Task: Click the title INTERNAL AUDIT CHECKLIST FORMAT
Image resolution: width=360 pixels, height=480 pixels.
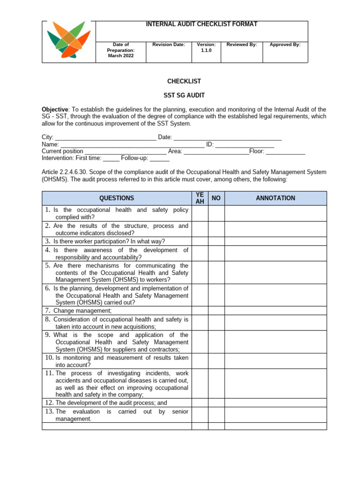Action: (x=202, y=24)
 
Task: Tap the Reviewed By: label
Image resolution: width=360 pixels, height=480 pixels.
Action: (x=241, y=45)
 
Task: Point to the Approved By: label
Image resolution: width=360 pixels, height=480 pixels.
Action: (x=285, y=45)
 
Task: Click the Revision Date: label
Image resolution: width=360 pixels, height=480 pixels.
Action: (x=169, y=45)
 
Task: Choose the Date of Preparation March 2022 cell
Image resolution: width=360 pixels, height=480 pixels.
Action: (x=120, y=50)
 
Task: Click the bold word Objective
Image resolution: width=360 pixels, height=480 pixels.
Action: (x=55, y=109)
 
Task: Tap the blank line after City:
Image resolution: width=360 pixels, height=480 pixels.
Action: (x=106, y=137)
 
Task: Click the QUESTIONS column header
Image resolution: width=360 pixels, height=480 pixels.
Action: (x=116, y=198)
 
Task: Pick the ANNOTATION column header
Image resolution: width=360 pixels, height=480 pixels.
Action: (x=275, y=198)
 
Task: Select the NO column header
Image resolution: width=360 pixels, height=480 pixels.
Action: (x=216, y=198)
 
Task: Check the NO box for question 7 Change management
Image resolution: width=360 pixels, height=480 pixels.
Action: (x=216, y=310)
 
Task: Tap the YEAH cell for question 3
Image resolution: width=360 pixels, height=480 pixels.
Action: (x=199, y=241)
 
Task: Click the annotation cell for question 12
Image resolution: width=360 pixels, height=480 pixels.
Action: (x=275, y=403)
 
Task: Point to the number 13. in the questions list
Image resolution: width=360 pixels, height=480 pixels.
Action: (x=50, y=411)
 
